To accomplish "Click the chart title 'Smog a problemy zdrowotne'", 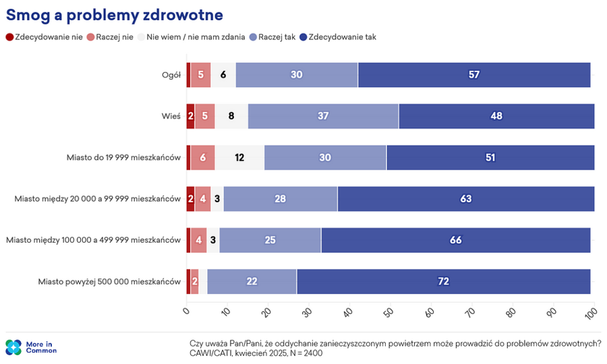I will pos(115,14).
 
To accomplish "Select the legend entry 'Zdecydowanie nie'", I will pos(44,38).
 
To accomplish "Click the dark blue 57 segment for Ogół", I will pos(474,75).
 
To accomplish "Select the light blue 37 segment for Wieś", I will pos(323,116).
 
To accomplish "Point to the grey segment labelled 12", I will pos(239,158).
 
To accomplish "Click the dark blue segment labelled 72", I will pos(443,281).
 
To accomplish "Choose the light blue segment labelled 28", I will pos(281,199).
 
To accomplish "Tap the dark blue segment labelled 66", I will pos(455,240).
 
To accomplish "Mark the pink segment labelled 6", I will pos(203,158).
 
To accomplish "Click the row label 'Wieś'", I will pos(172,116).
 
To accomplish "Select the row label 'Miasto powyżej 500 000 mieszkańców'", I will pos(109,281).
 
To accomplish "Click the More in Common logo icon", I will pos(13,347).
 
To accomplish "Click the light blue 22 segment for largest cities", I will pos(252,281).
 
